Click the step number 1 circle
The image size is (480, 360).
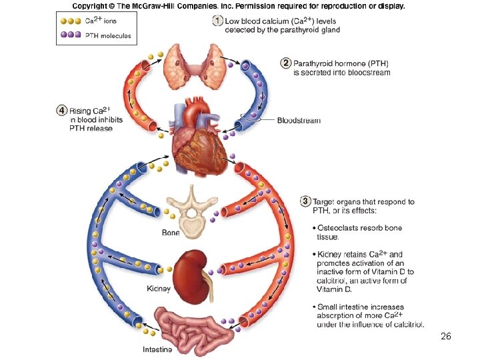point(217,21)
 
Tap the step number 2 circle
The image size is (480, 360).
point(285,63)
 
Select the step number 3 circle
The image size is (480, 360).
point(305,201)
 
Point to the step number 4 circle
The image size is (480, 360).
point(61,110)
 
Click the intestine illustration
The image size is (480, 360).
point(189,327)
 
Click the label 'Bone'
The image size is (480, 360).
point(171,233)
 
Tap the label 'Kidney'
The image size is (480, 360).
point(159,289)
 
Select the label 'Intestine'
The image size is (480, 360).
point(157,349)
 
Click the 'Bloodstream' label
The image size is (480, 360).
point(299,121)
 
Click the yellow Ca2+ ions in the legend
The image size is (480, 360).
point(69,21)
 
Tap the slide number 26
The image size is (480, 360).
point(446,337)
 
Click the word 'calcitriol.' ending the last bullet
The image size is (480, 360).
point(403,325)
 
